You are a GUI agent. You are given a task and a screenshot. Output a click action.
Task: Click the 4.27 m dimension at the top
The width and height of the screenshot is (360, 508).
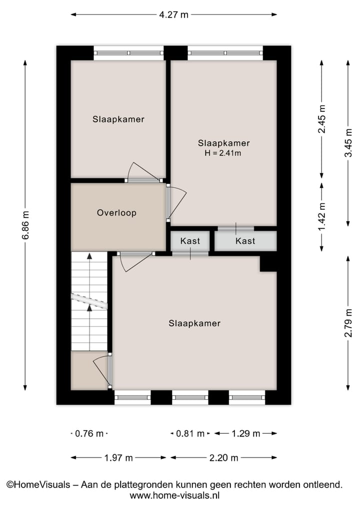173,14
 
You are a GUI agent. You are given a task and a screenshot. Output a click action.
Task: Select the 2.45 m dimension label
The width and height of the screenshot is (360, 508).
322,119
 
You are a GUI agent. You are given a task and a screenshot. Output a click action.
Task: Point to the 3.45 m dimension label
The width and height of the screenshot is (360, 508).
348,143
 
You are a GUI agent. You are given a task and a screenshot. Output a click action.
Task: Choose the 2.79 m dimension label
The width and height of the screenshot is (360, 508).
348,323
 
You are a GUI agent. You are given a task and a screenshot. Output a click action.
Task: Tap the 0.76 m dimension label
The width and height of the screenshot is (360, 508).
89,434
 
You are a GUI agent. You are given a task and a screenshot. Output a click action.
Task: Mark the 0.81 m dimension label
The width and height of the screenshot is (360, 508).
190,434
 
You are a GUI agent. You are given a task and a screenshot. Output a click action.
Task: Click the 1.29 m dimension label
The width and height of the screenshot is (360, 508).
245,434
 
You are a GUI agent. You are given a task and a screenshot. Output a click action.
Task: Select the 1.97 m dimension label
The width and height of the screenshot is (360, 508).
118,458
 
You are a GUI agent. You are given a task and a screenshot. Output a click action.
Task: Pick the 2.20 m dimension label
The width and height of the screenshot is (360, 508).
223,458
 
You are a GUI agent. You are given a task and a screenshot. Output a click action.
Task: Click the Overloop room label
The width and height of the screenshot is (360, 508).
116,213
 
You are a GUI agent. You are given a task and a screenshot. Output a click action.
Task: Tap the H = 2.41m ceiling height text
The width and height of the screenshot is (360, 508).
223,153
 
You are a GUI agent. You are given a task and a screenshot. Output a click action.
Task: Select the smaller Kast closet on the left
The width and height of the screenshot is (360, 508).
190,241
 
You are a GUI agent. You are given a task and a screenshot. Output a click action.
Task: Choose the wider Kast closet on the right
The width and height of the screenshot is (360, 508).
245,241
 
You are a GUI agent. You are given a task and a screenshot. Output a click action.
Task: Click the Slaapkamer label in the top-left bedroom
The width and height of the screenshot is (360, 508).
118,119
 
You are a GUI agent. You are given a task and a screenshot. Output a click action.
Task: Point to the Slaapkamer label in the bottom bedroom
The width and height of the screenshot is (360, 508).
194,323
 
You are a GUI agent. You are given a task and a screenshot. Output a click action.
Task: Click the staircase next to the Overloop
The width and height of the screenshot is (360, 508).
89,301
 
